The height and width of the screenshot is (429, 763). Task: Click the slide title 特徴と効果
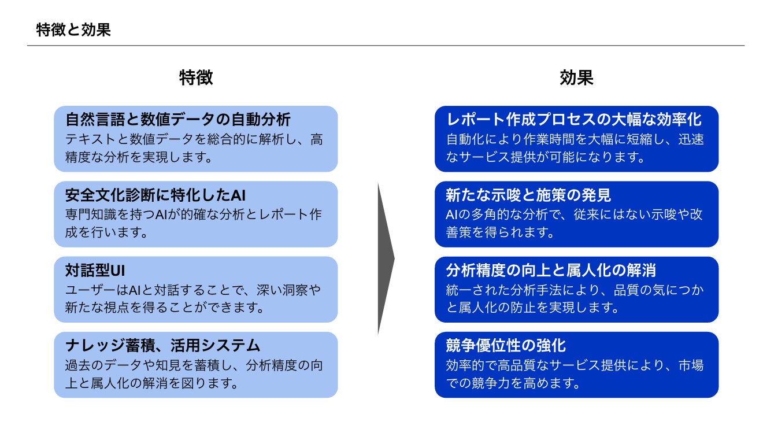click(x=73, y=30)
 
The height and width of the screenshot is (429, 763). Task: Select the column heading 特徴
click(x=196, y=77)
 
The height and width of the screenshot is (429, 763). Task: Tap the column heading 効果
click(x=576, y=77)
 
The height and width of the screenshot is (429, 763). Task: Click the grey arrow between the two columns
click(x=386, y=258)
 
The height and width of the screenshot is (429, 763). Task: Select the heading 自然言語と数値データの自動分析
click(x=177, y=120)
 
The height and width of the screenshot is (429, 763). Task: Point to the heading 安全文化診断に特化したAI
click(x=155, y=195)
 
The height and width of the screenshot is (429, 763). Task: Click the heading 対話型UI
click(x=95, y=271)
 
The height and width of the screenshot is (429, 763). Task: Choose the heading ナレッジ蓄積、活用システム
click(x=162, y=346)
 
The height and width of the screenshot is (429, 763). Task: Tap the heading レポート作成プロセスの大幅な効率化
click(x=574, y=120)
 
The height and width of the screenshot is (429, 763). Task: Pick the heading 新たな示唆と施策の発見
click(x=528, y=195)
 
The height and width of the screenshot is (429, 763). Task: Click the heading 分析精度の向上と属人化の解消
click(x=551, y=271)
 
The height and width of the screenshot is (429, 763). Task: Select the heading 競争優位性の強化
click(x=506, y=346)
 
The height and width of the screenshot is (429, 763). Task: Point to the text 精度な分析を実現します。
click(x=139, y=157)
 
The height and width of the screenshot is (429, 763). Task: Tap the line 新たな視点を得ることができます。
click(x=165, y=308)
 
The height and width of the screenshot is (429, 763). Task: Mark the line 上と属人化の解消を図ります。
click(x=151, y=383)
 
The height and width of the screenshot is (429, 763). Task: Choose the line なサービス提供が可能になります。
click(x=546, y=157)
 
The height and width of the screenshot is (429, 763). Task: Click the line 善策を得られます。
click(x=501, y=232)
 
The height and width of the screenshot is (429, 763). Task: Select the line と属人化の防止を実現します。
click(x=532, y=308)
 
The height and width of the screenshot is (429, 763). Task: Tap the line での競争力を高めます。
click(x=513, y=383)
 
